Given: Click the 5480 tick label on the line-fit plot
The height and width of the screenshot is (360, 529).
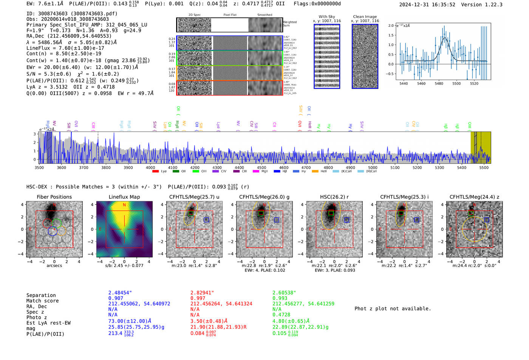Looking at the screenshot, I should point(439,83).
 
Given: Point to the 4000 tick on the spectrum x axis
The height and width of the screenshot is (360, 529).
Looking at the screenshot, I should point(150,167).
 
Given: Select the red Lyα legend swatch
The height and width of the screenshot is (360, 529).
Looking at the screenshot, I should point(155,172).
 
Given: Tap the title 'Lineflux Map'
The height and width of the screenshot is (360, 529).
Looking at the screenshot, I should point(124,197).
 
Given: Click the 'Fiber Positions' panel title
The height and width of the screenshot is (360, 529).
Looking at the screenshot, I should point(54,197).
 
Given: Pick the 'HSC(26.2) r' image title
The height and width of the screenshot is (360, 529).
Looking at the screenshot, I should point(334,197).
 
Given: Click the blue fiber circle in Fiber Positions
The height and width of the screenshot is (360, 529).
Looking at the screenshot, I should point(53,231).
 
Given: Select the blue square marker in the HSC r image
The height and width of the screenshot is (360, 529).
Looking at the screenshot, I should point(346,220).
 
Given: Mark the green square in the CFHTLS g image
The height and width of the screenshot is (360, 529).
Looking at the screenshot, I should point(261,213).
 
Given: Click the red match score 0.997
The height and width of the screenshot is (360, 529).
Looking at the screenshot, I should point(198,298).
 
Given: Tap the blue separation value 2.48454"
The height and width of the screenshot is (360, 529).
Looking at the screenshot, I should point(120,293).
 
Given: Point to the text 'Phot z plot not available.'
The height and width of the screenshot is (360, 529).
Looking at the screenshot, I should point(393,309).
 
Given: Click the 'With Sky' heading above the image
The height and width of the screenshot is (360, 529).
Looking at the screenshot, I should point(326,17).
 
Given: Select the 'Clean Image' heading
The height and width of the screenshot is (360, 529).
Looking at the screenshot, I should point(365,17).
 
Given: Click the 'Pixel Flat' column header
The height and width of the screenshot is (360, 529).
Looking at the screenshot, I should point(230,15).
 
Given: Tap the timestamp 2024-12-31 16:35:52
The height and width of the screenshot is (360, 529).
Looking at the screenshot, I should point(427,5).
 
